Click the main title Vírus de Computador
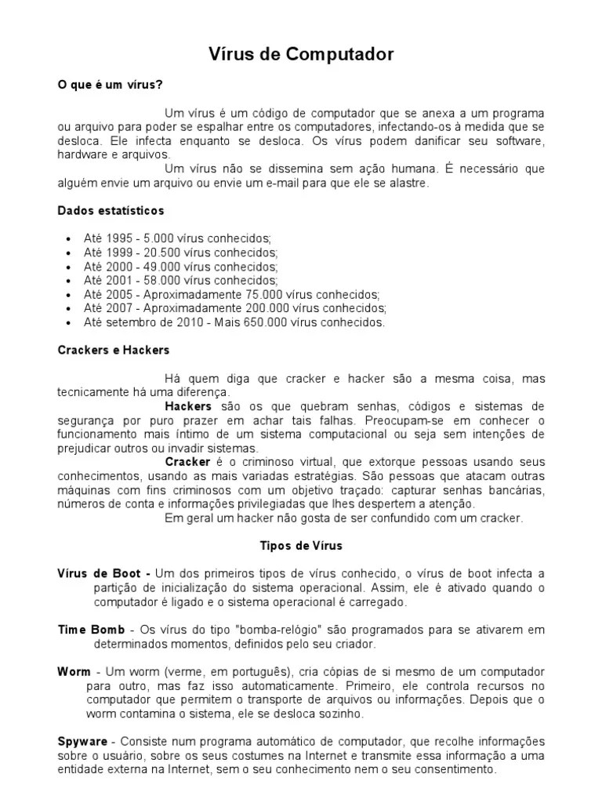pyautogui.click(x=300, y=54)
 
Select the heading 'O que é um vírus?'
pyautogui.click(x=111, y=85)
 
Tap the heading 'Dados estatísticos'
pyautogui.click(x=111, y=210)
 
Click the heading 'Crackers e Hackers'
pyautogui.click(x=113, y=350)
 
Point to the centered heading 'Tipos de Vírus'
pyautogui.click(x=301, y=544)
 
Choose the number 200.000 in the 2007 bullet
pyautogui.click(x=266, y=308)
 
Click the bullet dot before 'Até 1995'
pyautogui.click(x=69, y=238)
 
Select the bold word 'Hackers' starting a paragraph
pyautogui.click(x=188, y=406)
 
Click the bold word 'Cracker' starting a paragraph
pyautogui.click(x=187, y=462)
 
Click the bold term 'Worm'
pyautogui.click(x=74, y=672)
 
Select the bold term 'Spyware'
pyautogui.click(x=82, y=742)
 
